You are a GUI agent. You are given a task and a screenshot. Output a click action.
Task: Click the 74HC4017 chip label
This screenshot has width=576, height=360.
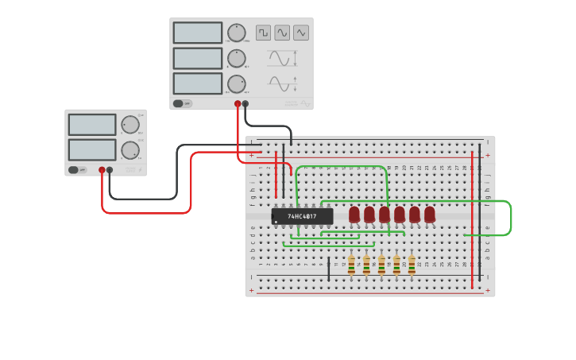(x=302, y=216)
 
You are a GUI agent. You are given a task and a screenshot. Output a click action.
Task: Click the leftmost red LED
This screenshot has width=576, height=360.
(x=354, y=215)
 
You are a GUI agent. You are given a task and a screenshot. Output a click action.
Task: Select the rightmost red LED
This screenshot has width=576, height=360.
(x=430, y=215)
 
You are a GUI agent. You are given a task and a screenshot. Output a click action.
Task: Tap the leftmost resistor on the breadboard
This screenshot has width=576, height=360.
(x=351, y=264)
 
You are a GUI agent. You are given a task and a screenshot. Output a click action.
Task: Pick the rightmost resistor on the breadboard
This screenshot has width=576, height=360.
(x=412, y=264)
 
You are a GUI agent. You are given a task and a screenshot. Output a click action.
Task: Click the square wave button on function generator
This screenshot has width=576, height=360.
(x=263, y=33)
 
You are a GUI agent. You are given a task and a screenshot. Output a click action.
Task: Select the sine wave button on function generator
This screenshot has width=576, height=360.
(x=282, y=33)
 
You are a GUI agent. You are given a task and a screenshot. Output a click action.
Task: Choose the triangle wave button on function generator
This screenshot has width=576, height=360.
(x=301, y=33)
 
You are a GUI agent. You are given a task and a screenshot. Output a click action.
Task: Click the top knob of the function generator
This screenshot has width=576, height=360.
(x=236, y=33)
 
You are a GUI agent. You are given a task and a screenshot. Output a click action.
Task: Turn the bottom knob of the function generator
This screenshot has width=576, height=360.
(x=236, y=83)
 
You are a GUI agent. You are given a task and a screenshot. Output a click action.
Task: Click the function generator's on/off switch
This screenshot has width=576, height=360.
(x=183, y=103)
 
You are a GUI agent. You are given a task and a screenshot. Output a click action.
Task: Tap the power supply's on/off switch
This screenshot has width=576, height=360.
(x=77, y=169)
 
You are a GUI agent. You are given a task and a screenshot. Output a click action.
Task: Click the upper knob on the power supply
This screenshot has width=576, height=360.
(x=130, y=124)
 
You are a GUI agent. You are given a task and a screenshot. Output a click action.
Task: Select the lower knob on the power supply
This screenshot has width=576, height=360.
(x=130, y=149)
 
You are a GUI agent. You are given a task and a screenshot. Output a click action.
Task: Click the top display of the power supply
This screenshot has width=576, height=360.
(x=92, y=125)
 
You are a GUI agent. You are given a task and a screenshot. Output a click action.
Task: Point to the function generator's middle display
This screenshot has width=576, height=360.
(x=198, y=58)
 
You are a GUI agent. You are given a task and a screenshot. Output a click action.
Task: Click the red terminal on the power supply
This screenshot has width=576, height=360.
(x=102, y=169)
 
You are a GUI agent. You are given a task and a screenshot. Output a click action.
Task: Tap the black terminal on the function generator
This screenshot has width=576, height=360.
(x=245, y=103)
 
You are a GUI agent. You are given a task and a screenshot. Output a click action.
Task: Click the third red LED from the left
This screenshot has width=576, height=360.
(x=385, y=215)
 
